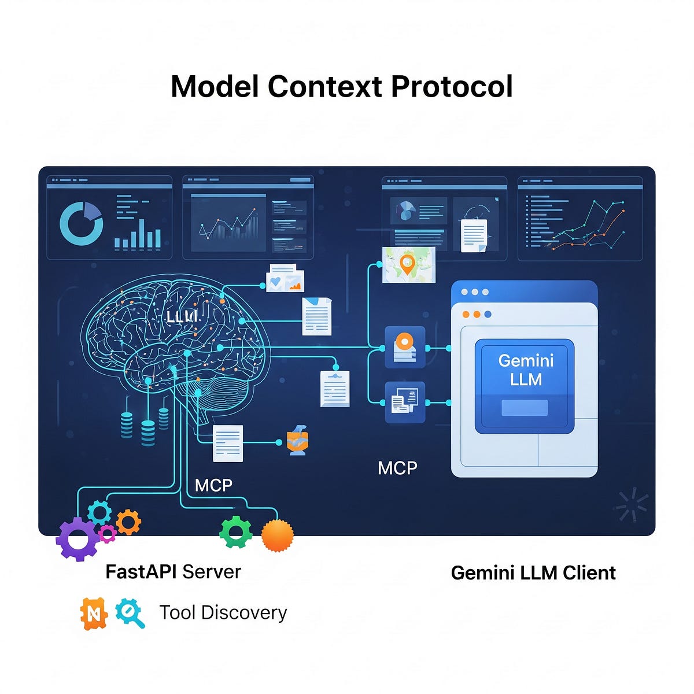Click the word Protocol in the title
452,87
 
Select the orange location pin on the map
407,264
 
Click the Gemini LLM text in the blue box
526,370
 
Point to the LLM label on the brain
182,316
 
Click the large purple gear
77,539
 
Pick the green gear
236,531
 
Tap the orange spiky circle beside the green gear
278,536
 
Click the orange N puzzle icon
94,613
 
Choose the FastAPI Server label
173,572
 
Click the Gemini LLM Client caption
533,573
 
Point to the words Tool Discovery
223,612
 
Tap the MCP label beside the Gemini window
397,468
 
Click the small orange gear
128,522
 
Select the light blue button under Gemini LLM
525,408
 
